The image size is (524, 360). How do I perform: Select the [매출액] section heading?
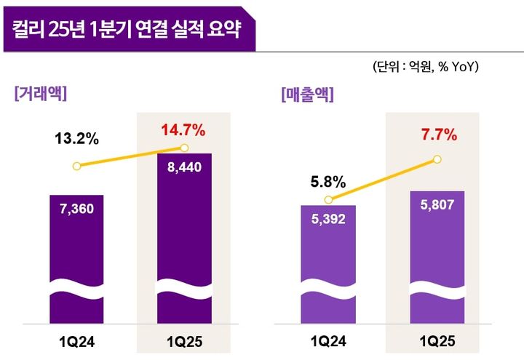tap(306, 95)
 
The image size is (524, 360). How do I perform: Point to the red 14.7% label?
tap(183, 131)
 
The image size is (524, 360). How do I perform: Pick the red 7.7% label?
tap(439, 135)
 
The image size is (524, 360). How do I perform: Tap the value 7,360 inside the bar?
tap(76, 209)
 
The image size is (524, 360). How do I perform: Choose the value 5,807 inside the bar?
tap(437, 205)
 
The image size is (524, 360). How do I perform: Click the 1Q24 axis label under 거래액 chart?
tap(76, 340)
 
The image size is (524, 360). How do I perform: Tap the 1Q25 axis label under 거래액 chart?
tap(184, 340)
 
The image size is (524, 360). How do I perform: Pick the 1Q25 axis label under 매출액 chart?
tap(437, 340)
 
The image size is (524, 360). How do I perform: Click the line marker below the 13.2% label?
tap(76, 166)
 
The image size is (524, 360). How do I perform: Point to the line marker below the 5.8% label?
tap(328, 200)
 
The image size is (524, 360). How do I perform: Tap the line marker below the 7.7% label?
tap(438, 158)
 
